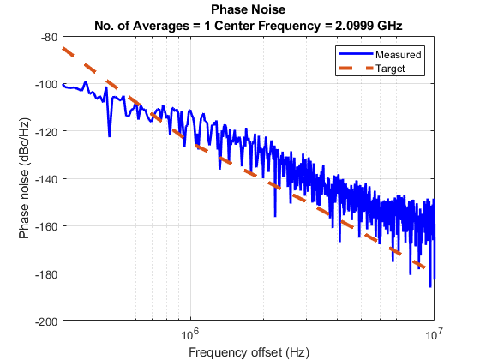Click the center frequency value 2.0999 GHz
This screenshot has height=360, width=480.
coord(366,25)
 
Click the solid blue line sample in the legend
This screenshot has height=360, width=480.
coord(354,54)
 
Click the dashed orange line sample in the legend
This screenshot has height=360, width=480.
coord(354,67)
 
